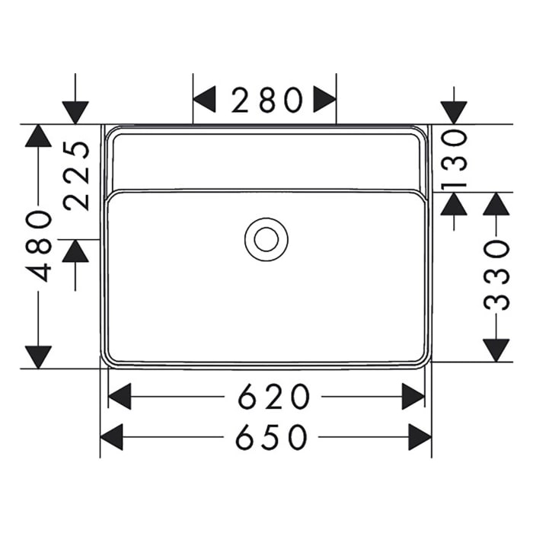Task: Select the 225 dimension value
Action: point(77,175)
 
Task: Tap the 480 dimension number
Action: point(39,246)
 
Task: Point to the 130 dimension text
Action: point(454,158)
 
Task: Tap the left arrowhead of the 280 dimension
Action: point(204,99)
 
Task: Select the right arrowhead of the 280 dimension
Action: point(325,99)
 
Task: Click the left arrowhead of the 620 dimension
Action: point(120,397)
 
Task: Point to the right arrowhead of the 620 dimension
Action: point(413,397)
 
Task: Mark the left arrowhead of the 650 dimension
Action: point(111,437)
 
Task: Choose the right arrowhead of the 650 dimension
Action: point(420,437)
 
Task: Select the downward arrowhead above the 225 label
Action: point(75,112)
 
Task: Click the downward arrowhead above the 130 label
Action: point(454,112)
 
